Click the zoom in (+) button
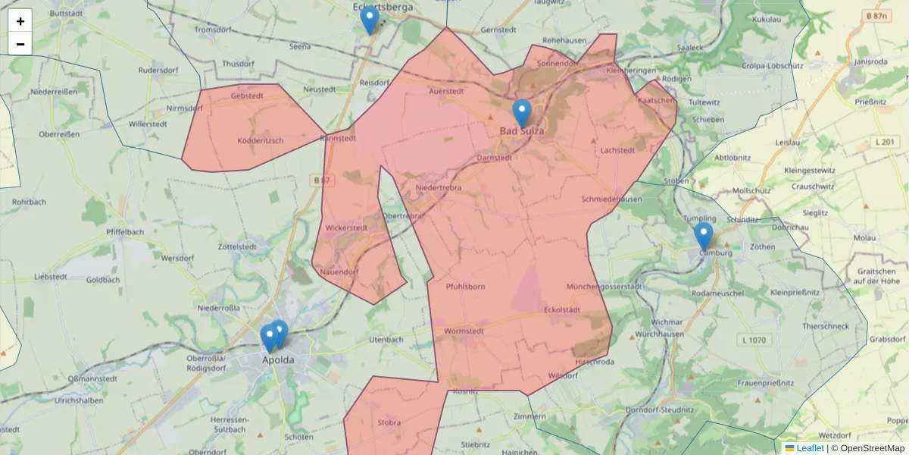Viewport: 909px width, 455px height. (20, 21)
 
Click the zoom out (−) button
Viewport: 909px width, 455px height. (20, 44)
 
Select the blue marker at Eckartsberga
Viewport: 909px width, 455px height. (370, 20)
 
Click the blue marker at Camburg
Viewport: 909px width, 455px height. (704, 236)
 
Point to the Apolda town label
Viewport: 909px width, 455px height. (278, 360)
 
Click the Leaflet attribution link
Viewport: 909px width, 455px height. (810, 448)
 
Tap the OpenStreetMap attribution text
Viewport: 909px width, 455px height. (872, 448)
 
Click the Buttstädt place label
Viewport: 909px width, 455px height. (66, 14)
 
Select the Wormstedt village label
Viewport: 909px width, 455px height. (464, 331)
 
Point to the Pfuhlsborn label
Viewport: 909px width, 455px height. (466, 287)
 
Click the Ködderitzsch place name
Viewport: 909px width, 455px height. (261, 141)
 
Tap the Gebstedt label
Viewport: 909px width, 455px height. (247, 96)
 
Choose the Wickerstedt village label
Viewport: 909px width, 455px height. (346, 227)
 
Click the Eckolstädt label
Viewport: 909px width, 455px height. (562, 310)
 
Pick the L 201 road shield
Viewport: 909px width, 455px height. (884, 142)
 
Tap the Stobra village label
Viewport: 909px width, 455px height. (389, 422)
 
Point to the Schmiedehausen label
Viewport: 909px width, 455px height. (612, 199)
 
